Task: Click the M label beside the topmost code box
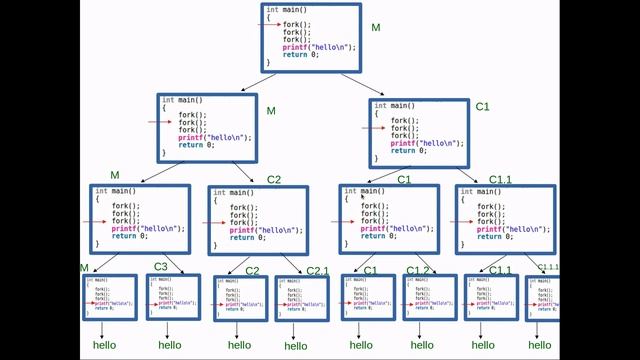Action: (376, 27)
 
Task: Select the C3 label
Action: (160, 266)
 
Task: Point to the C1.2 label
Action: (418, 271)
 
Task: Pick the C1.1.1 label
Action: (549, 267)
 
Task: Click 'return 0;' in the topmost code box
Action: (300, 55)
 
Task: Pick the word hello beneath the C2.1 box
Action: (296, 346)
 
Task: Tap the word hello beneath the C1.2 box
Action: (423, 345)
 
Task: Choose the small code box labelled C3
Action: (174, 296)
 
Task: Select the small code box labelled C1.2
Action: (430, 297)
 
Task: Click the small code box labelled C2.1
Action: (301, 297)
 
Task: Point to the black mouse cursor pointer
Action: (363, 197)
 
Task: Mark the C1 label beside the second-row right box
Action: (481, 106)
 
